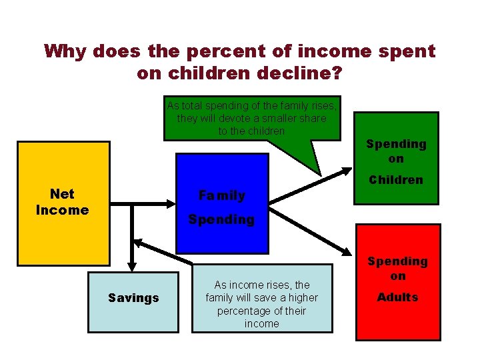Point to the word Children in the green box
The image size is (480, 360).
396,180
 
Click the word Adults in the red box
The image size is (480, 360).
397,297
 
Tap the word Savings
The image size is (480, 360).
133,298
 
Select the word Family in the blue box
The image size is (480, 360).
221,195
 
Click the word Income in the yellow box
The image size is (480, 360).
62,210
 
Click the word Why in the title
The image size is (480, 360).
66,51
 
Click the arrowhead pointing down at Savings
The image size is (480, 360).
132,265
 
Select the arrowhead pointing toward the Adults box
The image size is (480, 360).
347,252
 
